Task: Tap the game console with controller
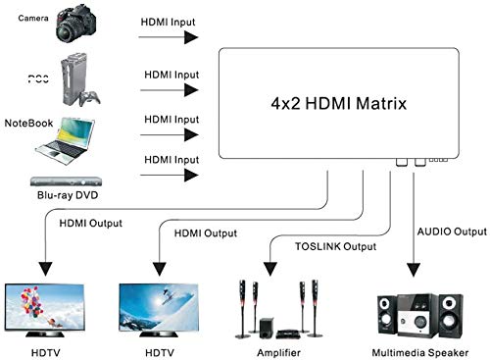(81, 77)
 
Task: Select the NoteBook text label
(27, 124)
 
